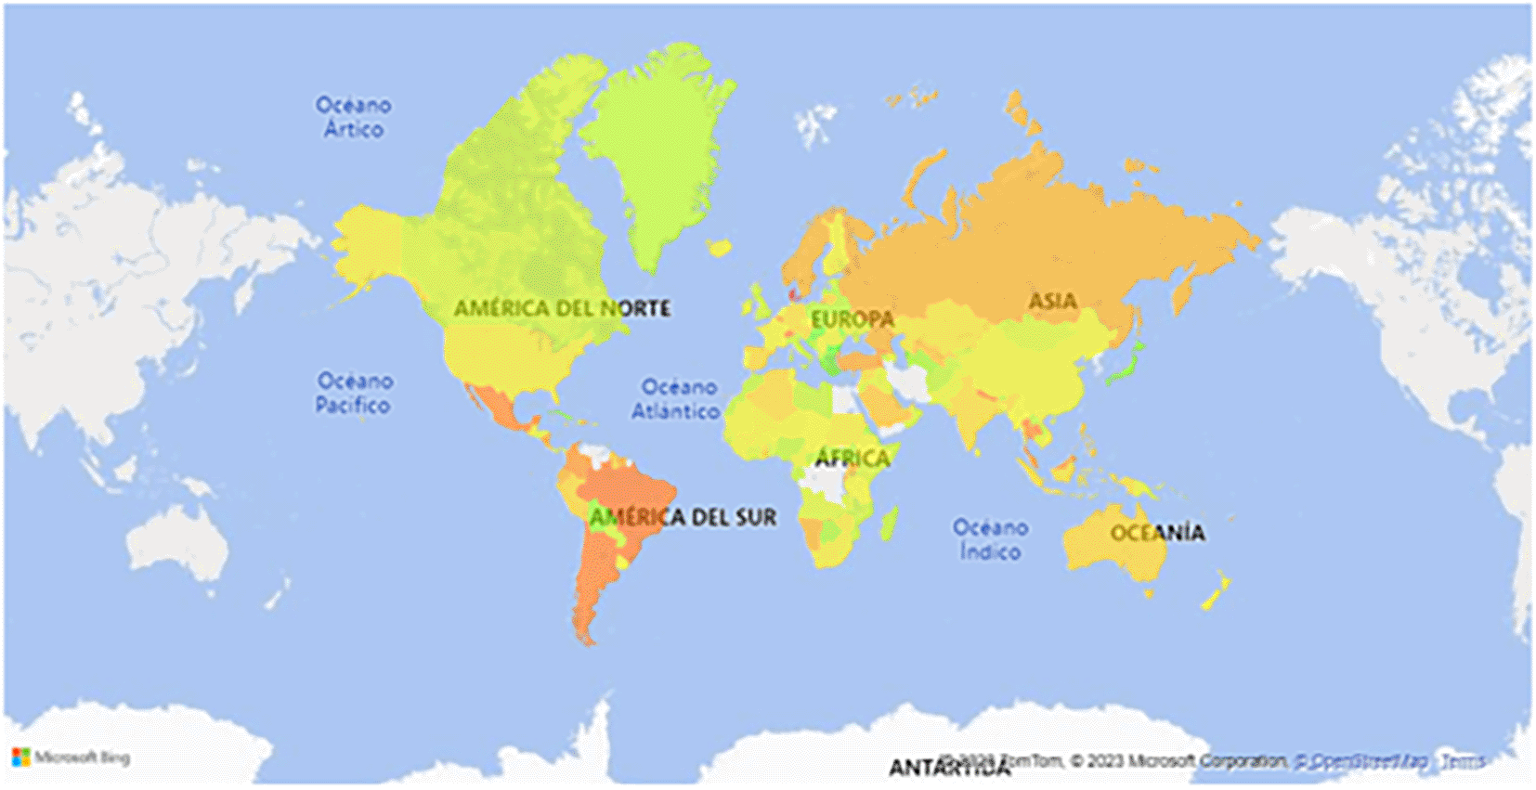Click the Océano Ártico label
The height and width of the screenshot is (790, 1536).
pyautogui.click(x=353, y=117)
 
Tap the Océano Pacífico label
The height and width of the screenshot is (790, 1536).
pyautogui.click(x=354, y=393)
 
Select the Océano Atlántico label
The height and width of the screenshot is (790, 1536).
pyautogui.click(x=677, y=398)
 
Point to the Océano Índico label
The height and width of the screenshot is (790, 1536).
pyautogui.click(x=990, y=539)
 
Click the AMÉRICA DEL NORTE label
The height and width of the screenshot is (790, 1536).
pyautogui.click(x=562, y=308)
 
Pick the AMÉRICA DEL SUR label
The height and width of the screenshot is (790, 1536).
pyautogui.click(x=683, y=517)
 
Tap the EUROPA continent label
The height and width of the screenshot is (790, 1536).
pyautogui.click(x=852, y=319)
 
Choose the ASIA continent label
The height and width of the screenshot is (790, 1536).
pyautogui.click(x=1052, y=301)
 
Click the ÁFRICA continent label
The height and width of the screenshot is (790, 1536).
pyautogui.click(x=852, y=458)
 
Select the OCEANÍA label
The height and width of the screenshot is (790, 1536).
pyautogui.click(x=1157, y=533)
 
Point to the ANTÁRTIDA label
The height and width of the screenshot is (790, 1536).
pyautogui.click(x=947, y=768)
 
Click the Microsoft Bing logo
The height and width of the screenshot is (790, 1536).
pyautogui.click(x=72, y=758)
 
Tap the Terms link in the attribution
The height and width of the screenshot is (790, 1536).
pyautogui.click(x=1462, y=761)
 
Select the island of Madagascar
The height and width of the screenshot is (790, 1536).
pyautogui.click(x=889, y=523)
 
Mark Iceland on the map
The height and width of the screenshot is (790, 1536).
pyautogui.click(x=719, y=248)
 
